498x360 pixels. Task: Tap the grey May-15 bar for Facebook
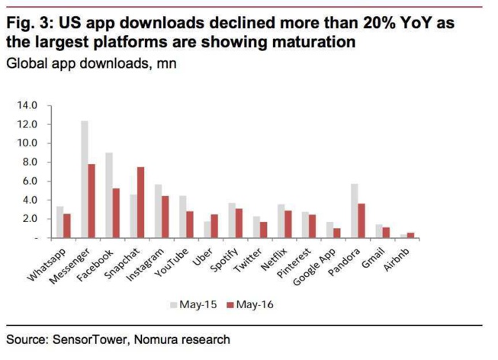tap(110, 195)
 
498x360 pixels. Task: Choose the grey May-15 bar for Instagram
tap(158, 211)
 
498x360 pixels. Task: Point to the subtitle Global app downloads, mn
tap(92, 63)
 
